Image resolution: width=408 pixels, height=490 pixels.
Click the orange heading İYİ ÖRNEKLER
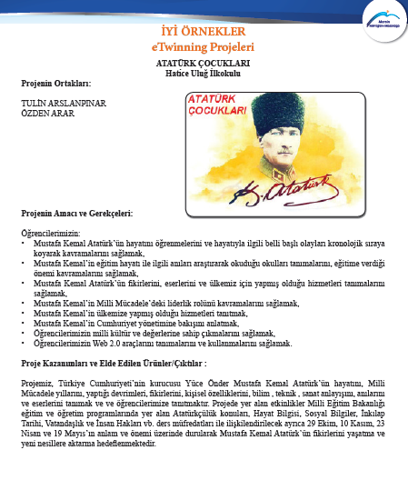[x=204, y=30]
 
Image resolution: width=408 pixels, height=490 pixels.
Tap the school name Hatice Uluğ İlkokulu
[x=204, y=72]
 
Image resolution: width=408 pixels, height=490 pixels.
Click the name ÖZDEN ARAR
[x=46, y=114]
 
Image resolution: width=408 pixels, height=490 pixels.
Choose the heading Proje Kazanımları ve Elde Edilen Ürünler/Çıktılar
[x=120, y=362]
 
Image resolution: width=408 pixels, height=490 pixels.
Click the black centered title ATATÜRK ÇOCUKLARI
[x=204, y=63]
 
